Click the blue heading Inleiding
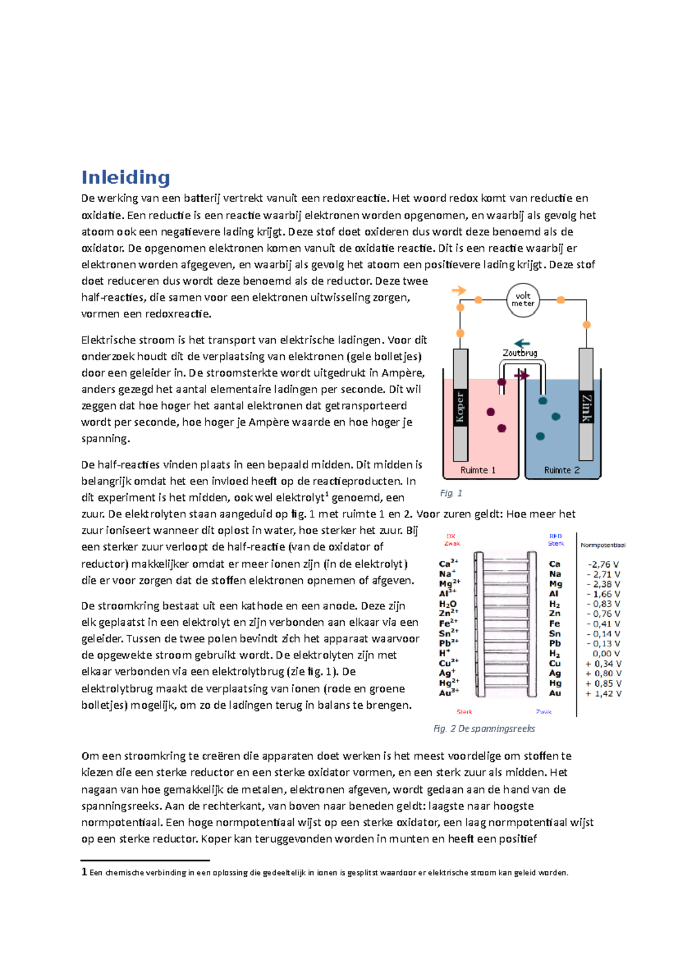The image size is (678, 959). click(x=125, y=177)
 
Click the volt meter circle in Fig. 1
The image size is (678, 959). click(x=523, y=300)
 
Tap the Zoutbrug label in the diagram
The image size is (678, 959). click(x=520, y=353)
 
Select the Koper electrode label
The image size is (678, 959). click(x=460, y=406)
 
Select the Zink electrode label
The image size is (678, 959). click(x=586, y=407)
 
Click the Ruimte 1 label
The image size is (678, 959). click(x=478, y=470)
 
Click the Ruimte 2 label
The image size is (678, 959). click(x=562, y=470)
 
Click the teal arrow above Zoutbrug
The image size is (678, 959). click(x=521, y=343)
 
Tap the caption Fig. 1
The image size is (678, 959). click(x=451, y=493)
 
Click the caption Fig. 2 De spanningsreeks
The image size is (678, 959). click(x=484, y=729)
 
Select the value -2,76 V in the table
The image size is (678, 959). click(x=603, y=564)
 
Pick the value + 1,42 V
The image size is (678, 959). click(x=603, y=694)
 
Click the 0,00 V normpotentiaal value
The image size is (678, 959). click(x=606, y=653)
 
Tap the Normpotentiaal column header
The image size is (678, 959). click(x=603, y=545)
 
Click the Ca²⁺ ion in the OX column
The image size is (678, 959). click(x=448, y=564)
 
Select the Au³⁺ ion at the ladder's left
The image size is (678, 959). click(x=449, y=692)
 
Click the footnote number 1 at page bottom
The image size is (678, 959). click(x=84, y=872)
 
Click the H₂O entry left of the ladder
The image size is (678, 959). click(x=447, y=604)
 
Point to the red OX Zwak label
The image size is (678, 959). click(x=452, y=540)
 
